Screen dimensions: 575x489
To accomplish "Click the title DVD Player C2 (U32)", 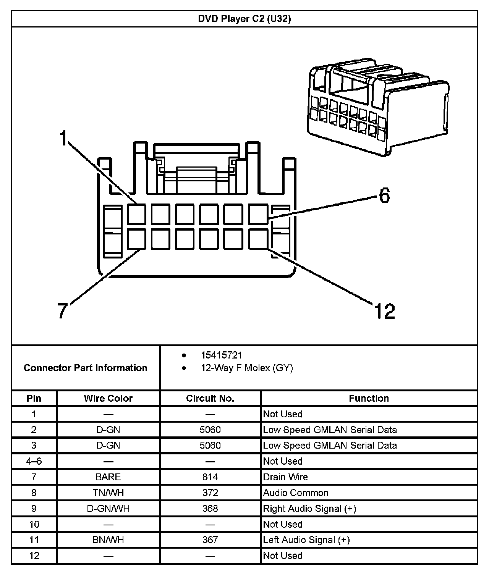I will (244, 19).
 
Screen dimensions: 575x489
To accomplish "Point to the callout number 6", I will (385, 195).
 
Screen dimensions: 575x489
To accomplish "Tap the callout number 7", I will (62, 310).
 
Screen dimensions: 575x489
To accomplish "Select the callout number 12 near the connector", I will (385, 311).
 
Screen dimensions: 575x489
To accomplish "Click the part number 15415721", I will (222, 355).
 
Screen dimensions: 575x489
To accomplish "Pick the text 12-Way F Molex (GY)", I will (247, 368).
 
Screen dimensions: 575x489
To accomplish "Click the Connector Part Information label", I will (86, 368).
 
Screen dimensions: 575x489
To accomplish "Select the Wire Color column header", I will (108, 398).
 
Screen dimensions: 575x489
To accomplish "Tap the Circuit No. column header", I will (210, 398).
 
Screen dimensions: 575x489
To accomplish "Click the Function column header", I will (369, 398).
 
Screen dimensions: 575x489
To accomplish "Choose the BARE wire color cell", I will (108, 477).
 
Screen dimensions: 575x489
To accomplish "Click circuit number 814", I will (210, 477).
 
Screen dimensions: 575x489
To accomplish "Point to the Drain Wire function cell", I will (285, 477).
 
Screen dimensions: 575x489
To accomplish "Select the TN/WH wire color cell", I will (108, 493).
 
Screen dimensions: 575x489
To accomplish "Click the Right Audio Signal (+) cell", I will (309, 509).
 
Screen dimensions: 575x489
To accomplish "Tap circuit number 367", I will (210, 540).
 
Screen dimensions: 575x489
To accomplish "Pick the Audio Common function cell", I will (296, 493).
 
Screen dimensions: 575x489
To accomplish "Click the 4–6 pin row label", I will (34, 461).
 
